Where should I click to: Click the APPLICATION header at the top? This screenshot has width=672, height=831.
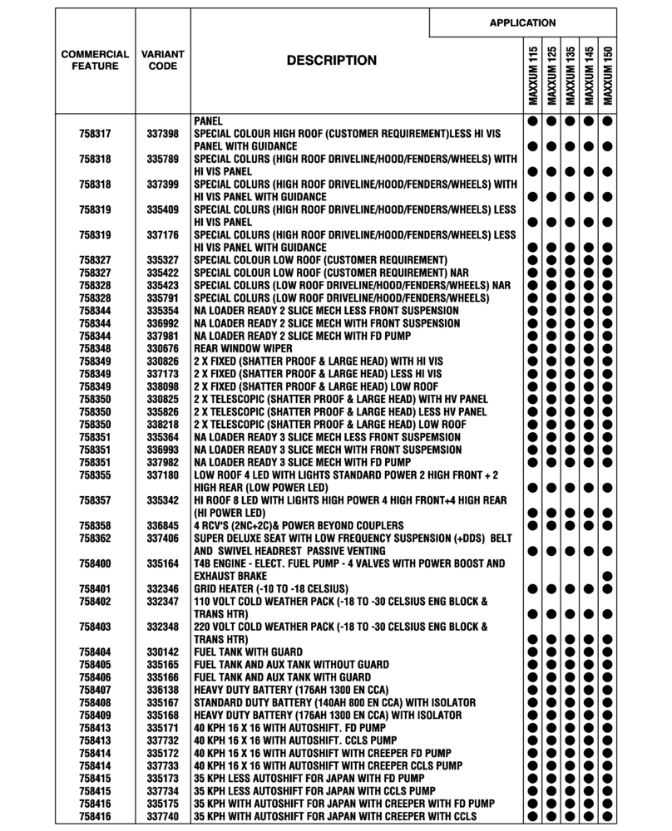pyautogui.click(x=522, y=22)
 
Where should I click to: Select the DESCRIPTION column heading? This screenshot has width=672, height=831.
pyautogui.click(x=331, y=61)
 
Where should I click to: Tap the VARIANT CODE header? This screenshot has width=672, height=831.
pyautogui.click(x=163, y=60)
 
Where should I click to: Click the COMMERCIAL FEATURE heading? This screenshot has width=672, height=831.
pyautogui.click(x=95, y=60)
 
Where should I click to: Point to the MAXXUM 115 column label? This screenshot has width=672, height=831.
pyautogui.click(x=532, y=76)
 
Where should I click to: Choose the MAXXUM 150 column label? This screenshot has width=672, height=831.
pyautogui.click(x=608, y=76)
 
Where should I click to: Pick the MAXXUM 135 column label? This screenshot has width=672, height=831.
pyautogui.click(x=571, y=76)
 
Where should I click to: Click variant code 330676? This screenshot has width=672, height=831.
pyautogui.click(x=163, y=348)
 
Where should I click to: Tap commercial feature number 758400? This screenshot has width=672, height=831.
pyautogui.click(x=95, y=563)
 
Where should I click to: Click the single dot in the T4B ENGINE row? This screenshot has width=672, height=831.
pyautogui.click(x=608, y=575)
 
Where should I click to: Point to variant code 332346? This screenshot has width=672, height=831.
pyautogui.click(x=163, y=588)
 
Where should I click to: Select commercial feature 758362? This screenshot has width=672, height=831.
pyautogui.click(x=95, y=538)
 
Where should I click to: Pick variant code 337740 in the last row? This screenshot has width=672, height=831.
pyautogui.click(x=163, y=816)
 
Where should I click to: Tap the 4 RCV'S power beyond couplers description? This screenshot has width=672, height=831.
pyautogui.click(x=299, y=525)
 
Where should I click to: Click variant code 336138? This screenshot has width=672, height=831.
pyautogui.click(x=163, y=690)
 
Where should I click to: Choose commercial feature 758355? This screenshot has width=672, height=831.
pyautogui.click(x=95, y=475)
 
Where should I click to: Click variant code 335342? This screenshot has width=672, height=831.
pyautogui.click(x=163, y=500)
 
